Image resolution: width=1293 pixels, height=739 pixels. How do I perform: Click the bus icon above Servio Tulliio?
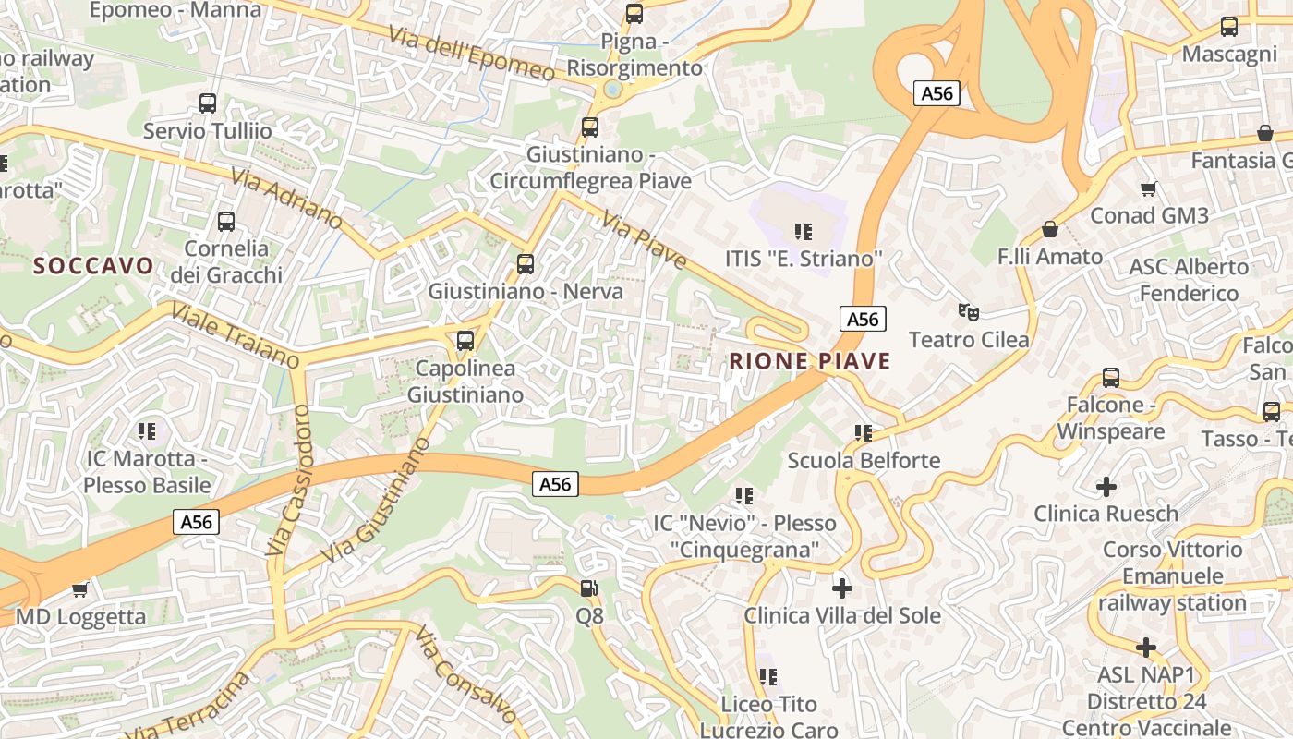[x=208, y=103]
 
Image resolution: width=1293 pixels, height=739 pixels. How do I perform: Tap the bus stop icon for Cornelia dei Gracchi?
[x=226, y=222]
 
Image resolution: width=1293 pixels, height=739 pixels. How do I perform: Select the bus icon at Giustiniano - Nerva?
[x=526, y=264]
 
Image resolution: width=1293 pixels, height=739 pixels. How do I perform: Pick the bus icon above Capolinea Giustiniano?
[x=465, y=341]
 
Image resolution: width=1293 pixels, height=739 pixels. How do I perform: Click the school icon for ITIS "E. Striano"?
[x=804, y=232]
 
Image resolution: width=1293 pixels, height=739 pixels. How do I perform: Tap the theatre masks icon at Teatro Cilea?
[x=968, y=312]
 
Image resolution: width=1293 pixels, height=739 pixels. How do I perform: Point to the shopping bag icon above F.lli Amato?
[x=1050, y=229]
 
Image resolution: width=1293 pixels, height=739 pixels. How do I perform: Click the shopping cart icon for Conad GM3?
[x=1149, y=188]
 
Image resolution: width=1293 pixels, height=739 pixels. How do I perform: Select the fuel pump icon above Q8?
[x=588, y=588]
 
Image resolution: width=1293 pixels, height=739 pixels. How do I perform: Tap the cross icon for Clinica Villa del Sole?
[x=842, y=588]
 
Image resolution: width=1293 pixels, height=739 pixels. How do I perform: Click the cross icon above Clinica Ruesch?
[x=1106, y=486]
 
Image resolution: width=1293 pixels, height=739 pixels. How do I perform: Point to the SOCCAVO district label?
[x=93, y=266]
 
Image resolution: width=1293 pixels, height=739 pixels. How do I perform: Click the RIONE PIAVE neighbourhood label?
[x=810, y=361]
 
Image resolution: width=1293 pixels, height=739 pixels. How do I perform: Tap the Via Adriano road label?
[x=287, y=199]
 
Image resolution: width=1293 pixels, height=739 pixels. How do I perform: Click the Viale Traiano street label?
[x=235, y=334]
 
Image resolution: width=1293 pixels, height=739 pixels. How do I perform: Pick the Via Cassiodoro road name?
[x=289, y=479]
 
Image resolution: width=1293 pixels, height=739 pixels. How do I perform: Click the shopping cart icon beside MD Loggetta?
[x=80, y=589]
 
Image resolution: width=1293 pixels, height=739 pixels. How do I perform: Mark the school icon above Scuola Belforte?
[x=864, y=433]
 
